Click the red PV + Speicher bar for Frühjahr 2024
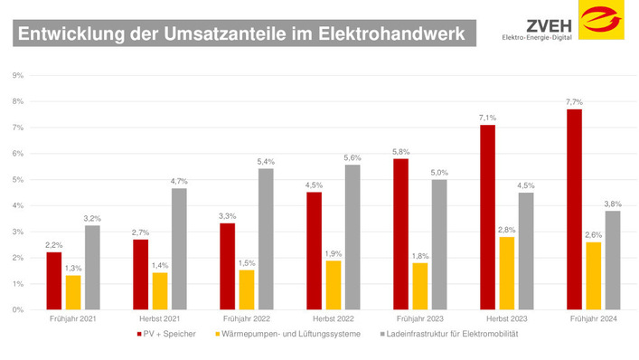[x=574, y=210]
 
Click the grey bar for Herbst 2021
[x=179, y=249]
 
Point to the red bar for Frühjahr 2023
[x=400, y=234]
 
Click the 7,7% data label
[x=574, y=102]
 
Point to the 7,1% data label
[x=487, y=118]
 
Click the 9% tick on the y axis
[x=18, y=75]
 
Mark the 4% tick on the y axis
[x=18, y=205]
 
